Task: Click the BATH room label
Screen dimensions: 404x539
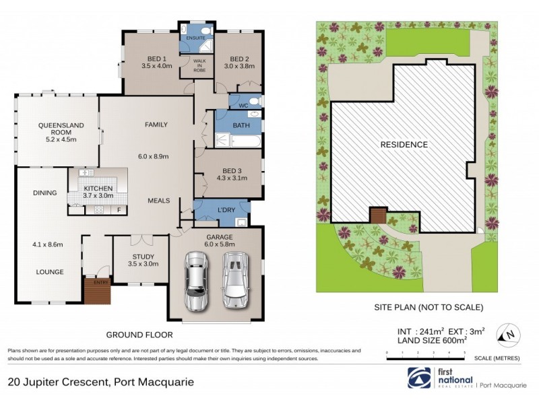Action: [241, 125]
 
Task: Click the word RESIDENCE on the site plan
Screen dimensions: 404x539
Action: [404, 144]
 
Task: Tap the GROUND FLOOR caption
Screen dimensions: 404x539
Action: [139, 334]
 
